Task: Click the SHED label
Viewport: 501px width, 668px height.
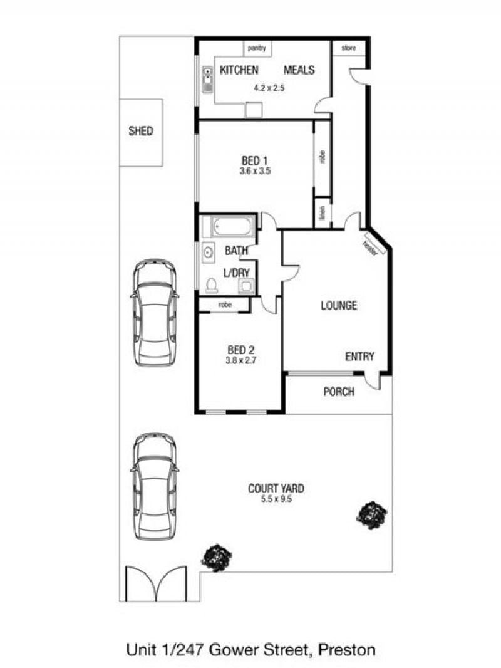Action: tap(140, 130)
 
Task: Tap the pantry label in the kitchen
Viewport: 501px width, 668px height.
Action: tap(257, 48)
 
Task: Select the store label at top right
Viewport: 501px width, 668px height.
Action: tap(349, 48)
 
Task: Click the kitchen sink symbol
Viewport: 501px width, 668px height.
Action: tap(207, 80)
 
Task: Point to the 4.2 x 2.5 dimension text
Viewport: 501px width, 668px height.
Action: tap(269, 88)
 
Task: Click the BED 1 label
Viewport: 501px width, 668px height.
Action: tap(254, 160)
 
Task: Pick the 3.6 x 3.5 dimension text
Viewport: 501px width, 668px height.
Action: tap(255, 171)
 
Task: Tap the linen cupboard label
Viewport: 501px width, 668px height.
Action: tap(323, 212)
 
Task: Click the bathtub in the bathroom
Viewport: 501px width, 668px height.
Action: tap(229, 226)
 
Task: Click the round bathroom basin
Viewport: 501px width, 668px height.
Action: tap(208, 252)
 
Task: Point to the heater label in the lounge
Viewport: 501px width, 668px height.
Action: tap(370, 248)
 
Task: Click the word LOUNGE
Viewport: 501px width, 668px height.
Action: tap(339, 305)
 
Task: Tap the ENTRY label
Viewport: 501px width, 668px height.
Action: tap(359, 356)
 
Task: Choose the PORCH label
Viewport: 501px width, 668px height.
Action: tap(339, 391)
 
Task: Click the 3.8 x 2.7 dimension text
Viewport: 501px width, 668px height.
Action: tap(241, 360)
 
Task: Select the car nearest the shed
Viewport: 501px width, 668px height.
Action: tap(155, 312)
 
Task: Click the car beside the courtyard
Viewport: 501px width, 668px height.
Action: tap(155, 486)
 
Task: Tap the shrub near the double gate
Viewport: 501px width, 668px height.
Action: tap(217, 558)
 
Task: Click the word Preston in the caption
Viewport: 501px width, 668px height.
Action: tap(347, 650)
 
